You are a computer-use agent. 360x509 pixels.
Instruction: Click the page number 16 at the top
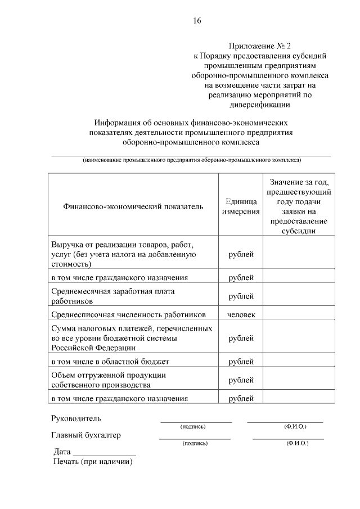pos(197,21)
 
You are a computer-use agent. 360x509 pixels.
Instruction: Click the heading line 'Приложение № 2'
pos(260,46)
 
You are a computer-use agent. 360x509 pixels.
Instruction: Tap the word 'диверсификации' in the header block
pos(260,104)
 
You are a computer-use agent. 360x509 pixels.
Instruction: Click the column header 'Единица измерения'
pos(241,206)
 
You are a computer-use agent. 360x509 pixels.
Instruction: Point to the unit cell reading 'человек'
pos(241,314)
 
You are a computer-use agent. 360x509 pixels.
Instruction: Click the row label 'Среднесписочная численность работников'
pos(128,314)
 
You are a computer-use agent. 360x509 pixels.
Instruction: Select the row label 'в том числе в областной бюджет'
pos(110,361)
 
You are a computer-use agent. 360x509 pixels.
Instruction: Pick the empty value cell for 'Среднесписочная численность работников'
pos(299,314)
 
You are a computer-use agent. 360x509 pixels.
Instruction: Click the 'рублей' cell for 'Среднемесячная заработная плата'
pos(241,296)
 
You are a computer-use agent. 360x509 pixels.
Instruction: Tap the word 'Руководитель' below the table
pos(76,418)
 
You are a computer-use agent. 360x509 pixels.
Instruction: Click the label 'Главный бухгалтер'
pos(86,435)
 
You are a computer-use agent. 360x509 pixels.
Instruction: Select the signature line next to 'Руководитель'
pos(196,421)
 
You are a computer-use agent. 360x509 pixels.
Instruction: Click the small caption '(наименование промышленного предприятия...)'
pos(191,160)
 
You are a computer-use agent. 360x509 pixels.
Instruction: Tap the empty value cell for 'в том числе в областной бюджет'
pos(299,361)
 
